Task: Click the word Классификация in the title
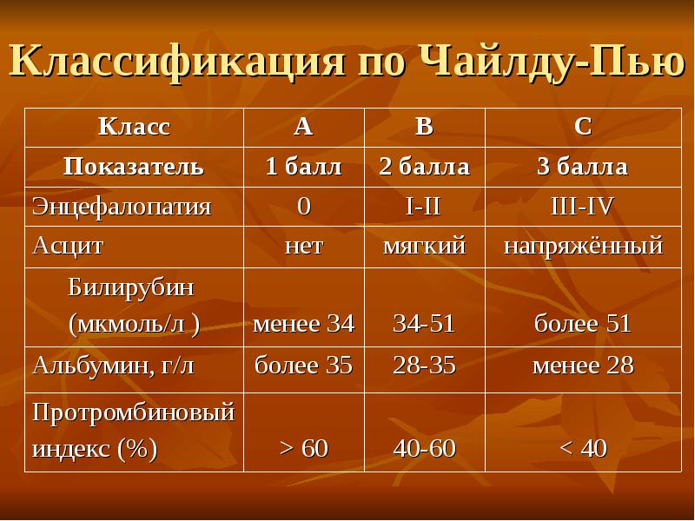pos(176,61)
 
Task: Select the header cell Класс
pos(134,127)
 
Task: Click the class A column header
pos(303,127)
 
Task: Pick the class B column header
pos(424,127)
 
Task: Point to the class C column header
pos(583,127)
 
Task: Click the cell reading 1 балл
pos(303,167)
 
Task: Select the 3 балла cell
pos(583,167)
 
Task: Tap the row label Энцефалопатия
pos(122,207)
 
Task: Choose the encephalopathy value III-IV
pos(582,206)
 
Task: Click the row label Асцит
pos(68,246)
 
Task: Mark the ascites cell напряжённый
pos(583,246)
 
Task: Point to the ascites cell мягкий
pos(424,247)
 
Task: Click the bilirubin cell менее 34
pos(303,323)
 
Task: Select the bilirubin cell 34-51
pos(424,323)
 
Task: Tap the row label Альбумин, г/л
pos(113,366)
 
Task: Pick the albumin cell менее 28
pos(583,366)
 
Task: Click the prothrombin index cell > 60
pos(303,448)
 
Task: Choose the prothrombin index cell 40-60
pos(424,448)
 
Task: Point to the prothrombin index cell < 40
pos(583,448)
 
